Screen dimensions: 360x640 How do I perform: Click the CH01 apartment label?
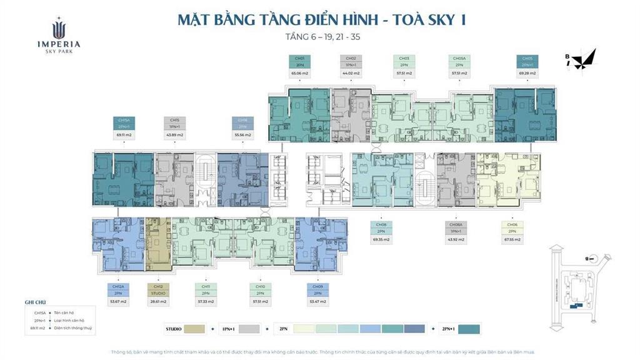299,58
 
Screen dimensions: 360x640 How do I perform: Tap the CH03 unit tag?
404,58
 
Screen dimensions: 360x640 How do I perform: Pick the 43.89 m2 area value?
175,134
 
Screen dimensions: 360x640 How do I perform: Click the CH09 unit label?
317,287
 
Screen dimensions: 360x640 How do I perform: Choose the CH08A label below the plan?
455,224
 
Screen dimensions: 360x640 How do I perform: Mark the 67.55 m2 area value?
512,239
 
